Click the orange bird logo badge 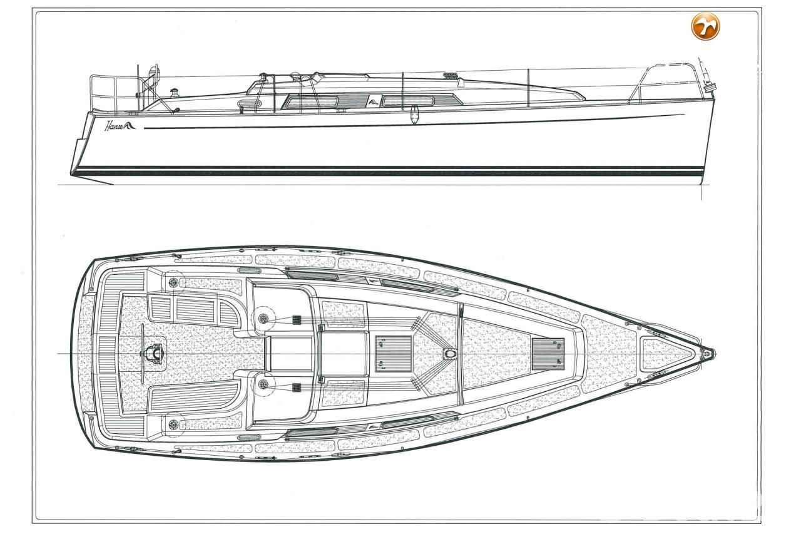point(705,26)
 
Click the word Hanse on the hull point(114,126)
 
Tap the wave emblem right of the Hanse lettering point(130,125)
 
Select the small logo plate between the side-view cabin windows point(373,102)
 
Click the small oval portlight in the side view point(249,104)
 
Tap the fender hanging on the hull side point(414,115)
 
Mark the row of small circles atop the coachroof point(450,74)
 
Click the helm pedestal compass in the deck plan point(155,353)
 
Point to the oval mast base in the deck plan point(450,354)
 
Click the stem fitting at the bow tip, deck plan point(707,354)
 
